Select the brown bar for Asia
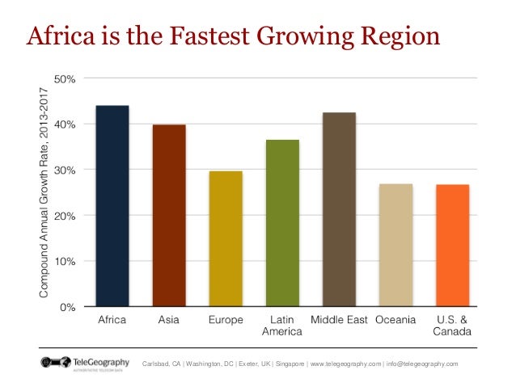168,216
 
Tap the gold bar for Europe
226,239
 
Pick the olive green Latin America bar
282,223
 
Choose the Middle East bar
339,210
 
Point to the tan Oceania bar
395,246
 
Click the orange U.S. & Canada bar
452,246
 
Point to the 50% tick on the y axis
65,79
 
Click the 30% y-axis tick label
65,170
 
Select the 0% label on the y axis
68,307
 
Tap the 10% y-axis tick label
65,262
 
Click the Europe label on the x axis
226,320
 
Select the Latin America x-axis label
282,326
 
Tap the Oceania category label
395,320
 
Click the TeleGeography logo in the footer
86,364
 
